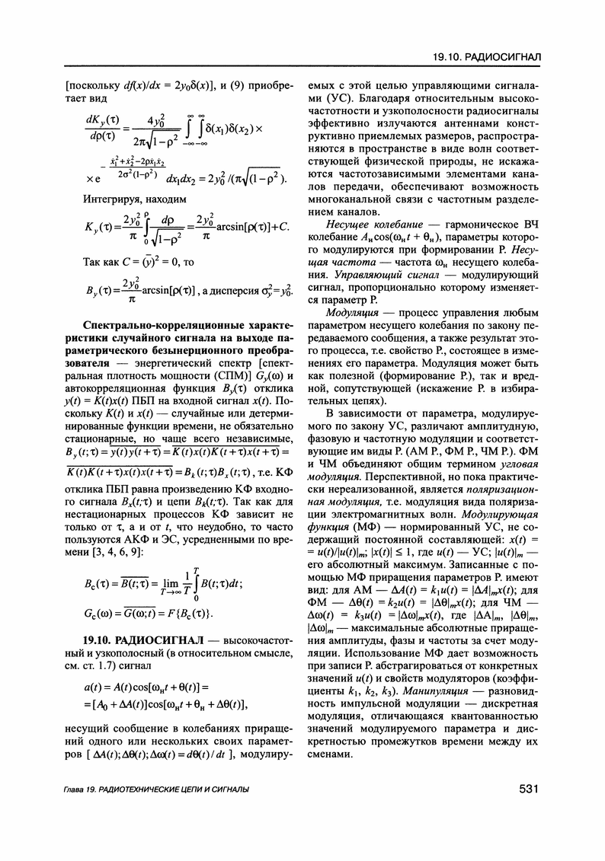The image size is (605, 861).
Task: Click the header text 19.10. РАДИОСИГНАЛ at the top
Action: coord(486,59)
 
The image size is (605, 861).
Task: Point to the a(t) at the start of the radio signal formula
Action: coord(94,687)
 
